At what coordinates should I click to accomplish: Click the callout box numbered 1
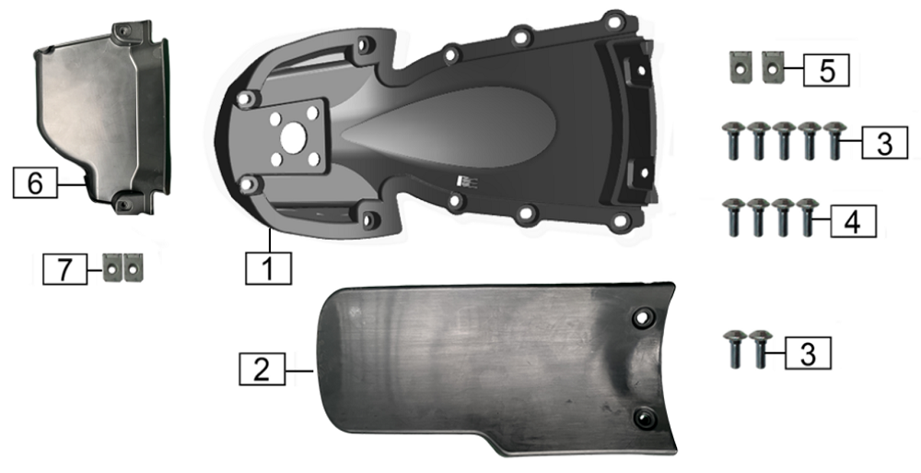click(x=268, y=269)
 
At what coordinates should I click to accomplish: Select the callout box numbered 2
click(x=262, y=369)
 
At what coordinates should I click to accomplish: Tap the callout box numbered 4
click(x=853, y=221)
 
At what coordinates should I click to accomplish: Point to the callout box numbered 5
click(x=826, y=70)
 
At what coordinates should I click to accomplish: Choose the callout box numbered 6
click(x=35, y=183)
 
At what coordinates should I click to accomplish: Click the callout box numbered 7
click(x=65, y=269)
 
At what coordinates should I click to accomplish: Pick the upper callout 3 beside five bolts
click(x=884, y=143)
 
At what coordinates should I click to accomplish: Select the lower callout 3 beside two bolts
click(x=809, y=353)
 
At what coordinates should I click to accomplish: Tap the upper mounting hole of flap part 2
click(x=644, y=318)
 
